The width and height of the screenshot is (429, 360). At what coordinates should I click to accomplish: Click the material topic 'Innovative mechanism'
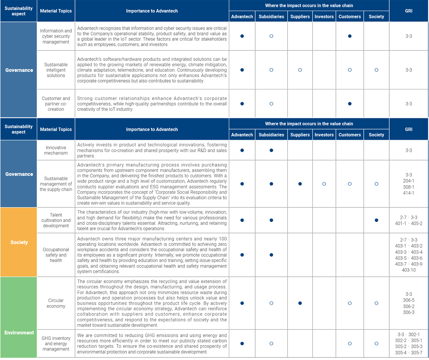[56, 150]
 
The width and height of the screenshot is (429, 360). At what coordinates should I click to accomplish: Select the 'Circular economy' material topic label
[56, 303]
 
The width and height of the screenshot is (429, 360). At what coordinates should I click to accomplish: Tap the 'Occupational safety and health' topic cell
[56, 255]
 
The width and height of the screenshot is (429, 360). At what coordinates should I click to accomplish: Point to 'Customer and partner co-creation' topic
[56, 104]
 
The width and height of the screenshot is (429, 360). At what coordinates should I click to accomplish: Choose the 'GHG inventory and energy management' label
[56, 344]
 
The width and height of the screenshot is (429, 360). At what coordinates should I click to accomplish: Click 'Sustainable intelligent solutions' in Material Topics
[56, 70]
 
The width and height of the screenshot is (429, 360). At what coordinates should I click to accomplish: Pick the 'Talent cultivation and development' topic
[56, 220]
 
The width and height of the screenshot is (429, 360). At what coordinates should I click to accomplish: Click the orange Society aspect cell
[19, 242]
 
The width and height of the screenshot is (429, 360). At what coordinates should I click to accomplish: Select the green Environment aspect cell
[19, 332]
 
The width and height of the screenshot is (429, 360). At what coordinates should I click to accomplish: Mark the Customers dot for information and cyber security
[350, 36]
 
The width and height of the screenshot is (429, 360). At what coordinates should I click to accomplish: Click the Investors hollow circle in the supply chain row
[324, 184]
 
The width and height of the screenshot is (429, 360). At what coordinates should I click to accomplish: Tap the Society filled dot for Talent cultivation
[376, 220]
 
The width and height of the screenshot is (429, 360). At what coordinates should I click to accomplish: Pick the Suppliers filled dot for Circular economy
[300, 303]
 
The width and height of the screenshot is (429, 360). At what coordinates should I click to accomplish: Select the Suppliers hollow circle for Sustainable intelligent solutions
[300, 70]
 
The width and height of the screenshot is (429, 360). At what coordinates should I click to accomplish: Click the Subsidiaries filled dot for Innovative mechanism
[271, 151]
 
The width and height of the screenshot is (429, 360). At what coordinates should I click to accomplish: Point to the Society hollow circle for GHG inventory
[376, 344]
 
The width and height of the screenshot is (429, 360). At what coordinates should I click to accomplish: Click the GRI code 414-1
[409, 193]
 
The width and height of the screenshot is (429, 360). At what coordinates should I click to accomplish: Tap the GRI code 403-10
[409, 270]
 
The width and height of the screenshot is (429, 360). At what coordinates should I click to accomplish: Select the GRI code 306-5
[409, 300]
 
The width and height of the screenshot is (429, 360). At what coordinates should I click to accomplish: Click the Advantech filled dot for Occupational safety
[242, 255]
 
